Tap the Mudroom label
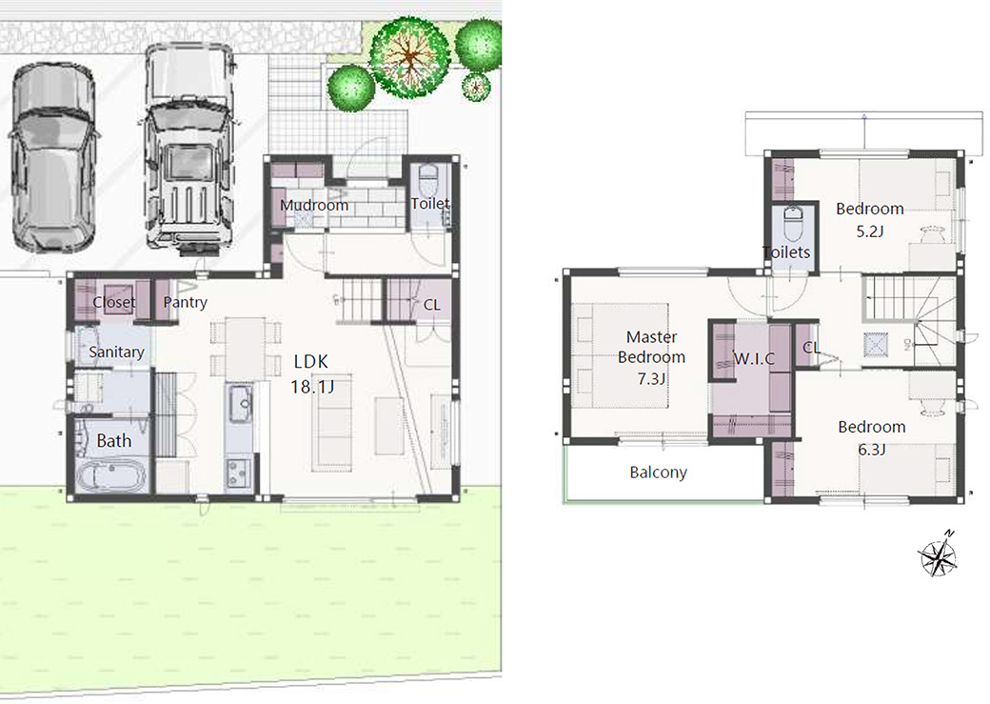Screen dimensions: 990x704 coord(314,206)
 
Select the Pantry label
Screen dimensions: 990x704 coord(185,302)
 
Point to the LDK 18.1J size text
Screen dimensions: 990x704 coord(312,386)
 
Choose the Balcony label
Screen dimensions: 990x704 coord(658,473)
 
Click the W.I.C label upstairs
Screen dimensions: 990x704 coord(754,359)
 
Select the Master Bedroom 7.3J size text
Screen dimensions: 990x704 coord(651,379)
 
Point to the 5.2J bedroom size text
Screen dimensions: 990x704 coord(869,231)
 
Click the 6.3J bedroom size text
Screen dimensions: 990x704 coord(871,450)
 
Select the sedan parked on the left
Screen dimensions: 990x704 coord(53,158)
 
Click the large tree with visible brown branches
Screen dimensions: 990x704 coord(409,57)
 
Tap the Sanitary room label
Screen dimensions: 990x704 coord(116,352)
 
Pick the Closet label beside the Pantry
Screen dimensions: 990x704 coord(113,302)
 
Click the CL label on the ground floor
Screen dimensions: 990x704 coord(432,305)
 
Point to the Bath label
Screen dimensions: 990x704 coord(113,440)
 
